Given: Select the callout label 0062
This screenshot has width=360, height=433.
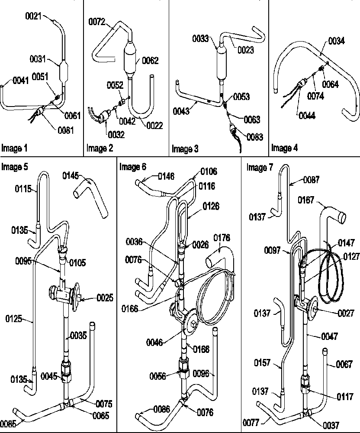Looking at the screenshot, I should [x=150, y=61].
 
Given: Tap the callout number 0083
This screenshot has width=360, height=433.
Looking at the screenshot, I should [x=254, y=137].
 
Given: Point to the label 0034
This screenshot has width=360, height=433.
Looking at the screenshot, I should [x=336, y=41].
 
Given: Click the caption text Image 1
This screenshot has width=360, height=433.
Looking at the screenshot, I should [x=15, y=149].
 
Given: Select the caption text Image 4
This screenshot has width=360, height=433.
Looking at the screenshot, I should [x=284, y=148].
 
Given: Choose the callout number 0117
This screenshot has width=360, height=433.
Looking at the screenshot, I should [x=344, y=397].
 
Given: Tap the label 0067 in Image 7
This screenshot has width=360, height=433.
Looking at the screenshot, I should [x=344, y=365].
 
